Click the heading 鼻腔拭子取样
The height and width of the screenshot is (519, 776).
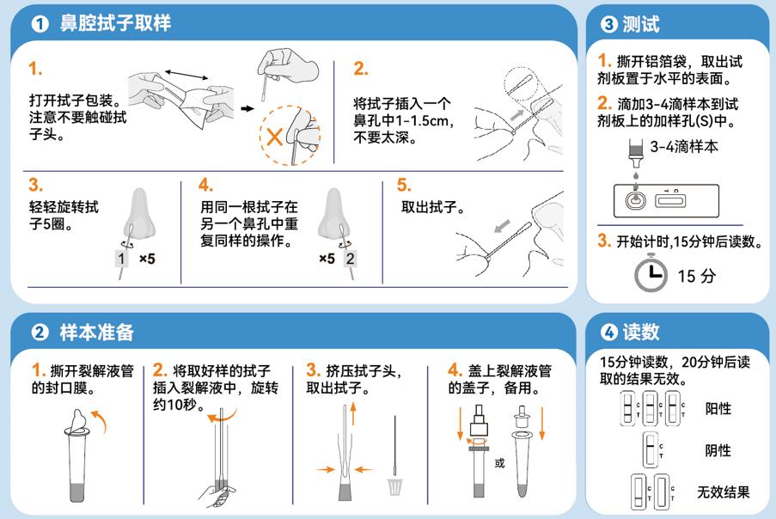(114, 24)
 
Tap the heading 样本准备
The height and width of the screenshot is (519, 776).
(96, 332)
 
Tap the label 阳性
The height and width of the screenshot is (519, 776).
(718, 408)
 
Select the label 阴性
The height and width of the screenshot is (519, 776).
(718, 450)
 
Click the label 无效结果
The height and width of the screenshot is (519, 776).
(723, 492)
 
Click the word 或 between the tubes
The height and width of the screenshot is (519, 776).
(499, 463)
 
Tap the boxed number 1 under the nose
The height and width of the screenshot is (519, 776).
(122, 259)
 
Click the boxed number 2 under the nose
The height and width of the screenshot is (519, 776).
(350, 259)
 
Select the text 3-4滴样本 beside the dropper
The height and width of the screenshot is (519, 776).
(684, 147)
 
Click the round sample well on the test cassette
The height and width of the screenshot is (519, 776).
(634, 200)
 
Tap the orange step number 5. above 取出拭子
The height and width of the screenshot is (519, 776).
(403, 186)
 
